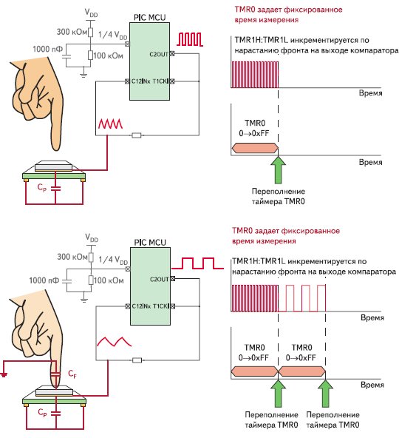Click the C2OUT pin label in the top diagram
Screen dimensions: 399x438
[159, 54]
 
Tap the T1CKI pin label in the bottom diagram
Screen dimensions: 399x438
[161, 306]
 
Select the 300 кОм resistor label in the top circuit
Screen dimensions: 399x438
[72, 32]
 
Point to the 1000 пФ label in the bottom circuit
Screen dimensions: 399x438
[44, 280]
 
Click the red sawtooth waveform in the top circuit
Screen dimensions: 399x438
[110, 124]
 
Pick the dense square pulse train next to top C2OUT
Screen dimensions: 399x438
[190, 39]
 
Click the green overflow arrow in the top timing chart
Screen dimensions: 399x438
[278, 169]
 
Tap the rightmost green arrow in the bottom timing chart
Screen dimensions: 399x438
[325, 394]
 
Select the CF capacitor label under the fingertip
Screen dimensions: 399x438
[72, 374]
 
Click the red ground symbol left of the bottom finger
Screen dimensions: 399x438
[4, 374]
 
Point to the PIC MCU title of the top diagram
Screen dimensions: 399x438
[149, 17]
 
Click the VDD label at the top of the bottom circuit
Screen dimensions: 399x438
[92, 238]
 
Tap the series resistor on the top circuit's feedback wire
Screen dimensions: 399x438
[137, 135]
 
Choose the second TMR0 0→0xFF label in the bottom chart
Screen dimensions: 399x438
[301, 352]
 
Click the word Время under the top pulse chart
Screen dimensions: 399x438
[370, 93]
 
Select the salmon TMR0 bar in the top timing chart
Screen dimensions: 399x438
[255, 148]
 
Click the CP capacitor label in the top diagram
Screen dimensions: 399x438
[42, 187]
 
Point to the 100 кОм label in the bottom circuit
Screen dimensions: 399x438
[109, 280]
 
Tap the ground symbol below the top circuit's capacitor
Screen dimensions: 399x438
[83, 75]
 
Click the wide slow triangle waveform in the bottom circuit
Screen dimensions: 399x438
[114, 342]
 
